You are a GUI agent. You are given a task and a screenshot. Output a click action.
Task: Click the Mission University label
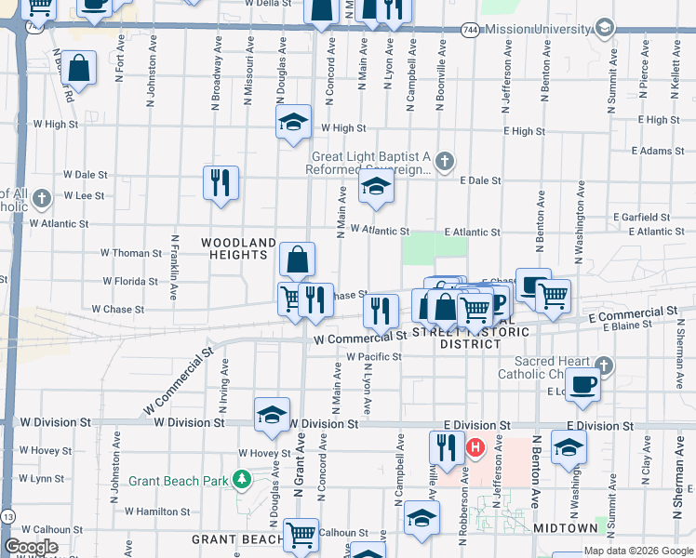(538, 29)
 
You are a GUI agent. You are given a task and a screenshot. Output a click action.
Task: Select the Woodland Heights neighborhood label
(238, 243)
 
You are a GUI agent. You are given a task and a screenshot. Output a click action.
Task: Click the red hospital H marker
(475, 448)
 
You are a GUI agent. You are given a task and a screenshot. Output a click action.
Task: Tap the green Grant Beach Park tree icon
(242, 480)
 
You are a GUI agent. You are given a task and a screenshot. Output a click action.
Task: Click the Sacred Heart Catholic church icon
(604, 365)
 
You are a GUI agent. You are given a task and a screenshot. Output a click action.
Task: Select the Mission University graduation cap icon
(605, 28)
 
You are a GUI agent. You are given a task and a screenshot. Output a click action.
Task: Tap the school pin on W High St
(293, 122)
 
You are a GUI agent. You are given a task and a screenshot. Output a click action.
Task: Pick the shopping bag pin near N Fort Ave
(80, 68)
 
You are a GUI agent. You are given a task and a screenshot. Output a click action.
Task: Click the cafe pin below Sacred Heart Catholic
(583, 383)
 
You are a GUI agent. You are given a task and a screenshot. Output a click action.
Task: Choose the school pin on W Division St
(272, 414)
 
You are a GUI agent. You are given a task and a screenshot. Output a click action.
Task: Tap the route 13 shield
(8, 514)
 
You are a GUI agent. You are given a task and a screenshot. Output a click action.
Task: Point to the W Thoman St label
(131, 253)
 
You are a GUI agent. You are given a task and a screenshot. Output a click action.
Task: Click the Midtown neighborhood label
(566, 528)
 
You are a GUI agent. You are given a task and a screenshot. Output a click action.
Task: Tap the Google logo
(31, 547)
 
